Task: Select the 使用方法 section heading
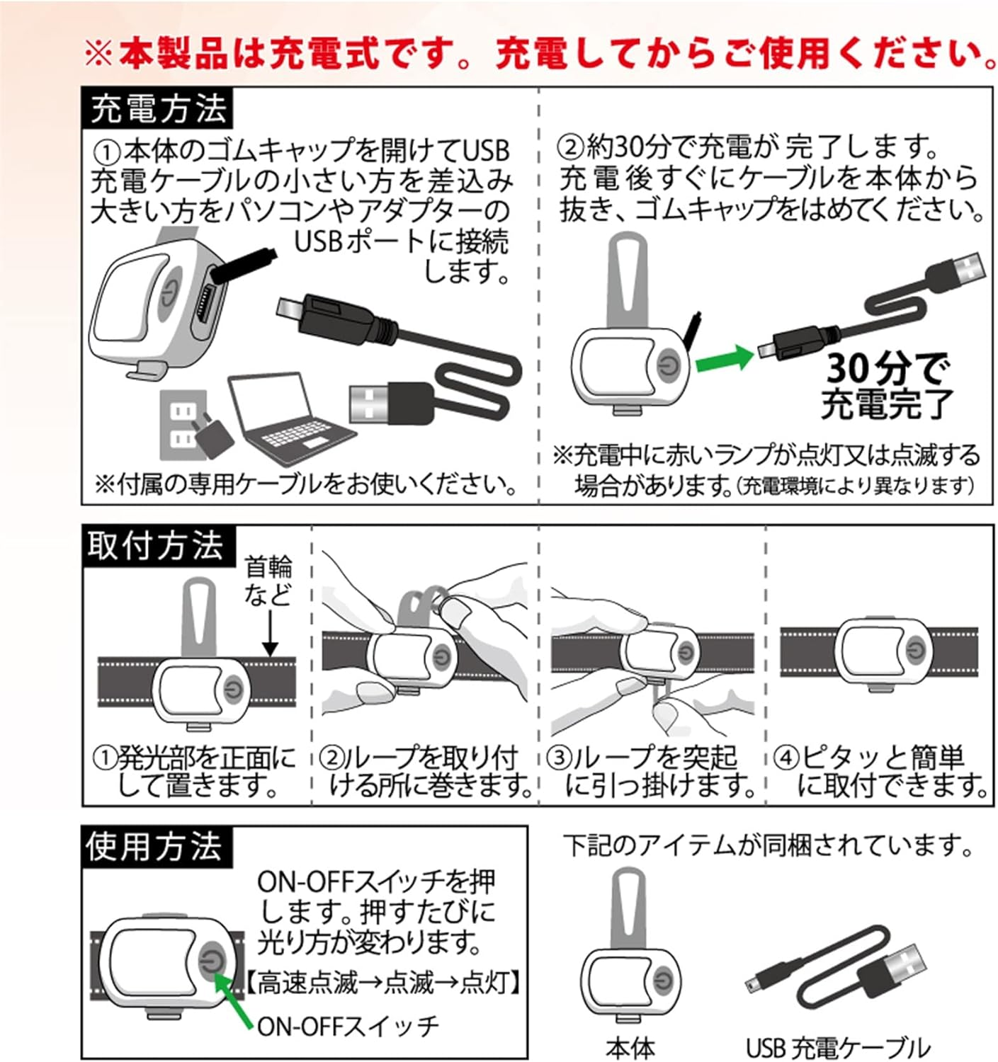[157, 847]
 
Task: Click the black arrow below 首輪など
[271, 633]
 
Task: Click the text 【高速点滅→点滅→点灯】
[384, 981]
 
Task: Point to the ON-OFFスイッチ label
[348, 1026]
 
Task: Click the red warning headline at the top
[540, 55]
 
